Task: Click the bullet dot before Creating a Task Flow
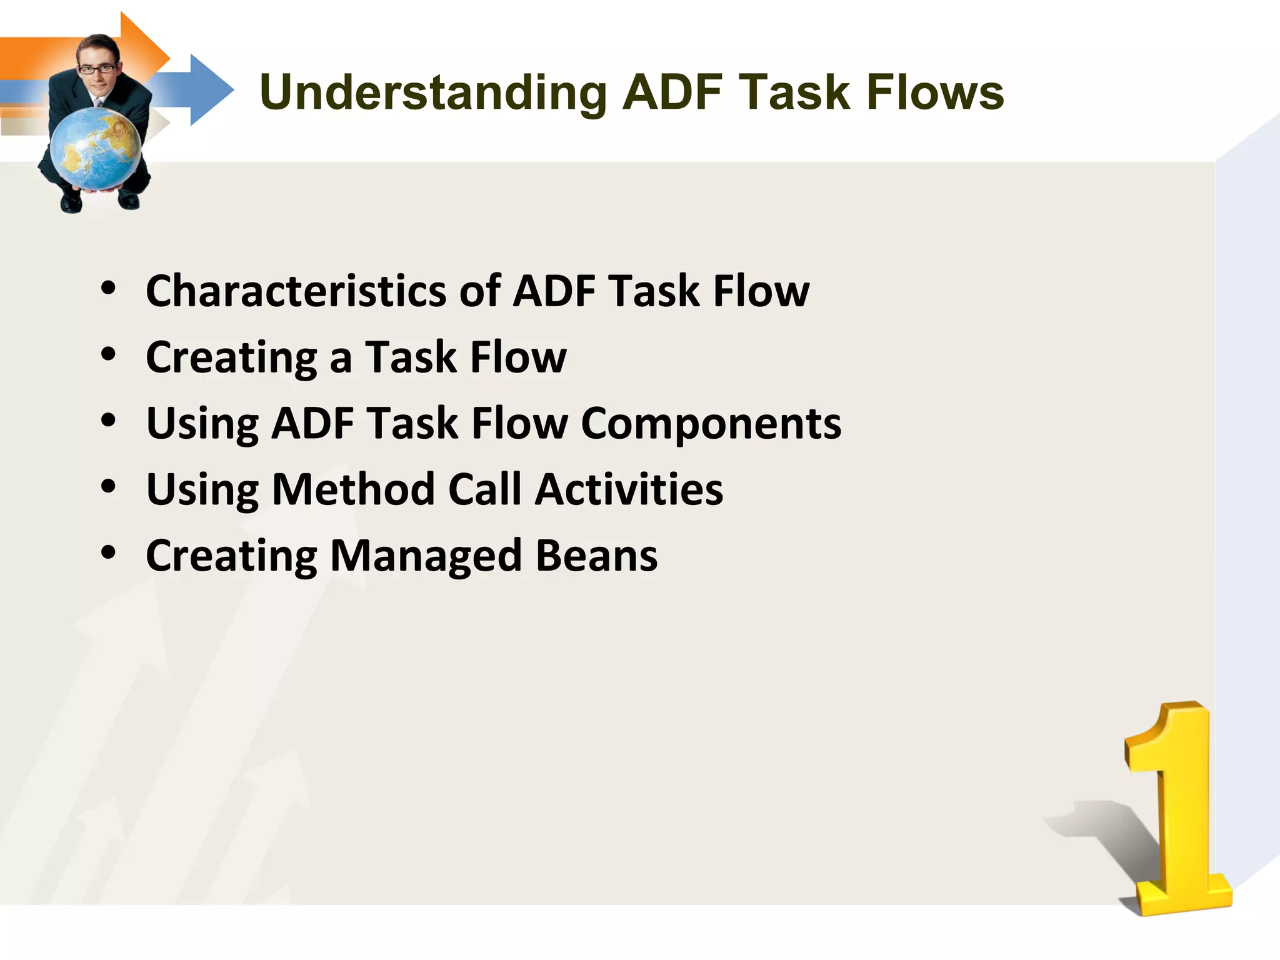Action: [109, 354]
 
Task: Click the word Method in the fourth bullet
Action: [353, 489]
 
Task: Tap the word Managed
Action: [425, 556]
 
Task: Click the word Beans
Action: [596, 556]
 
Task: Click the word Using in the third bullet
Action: [202, 424]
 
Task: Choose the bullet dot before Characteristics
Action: [109, 288]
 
